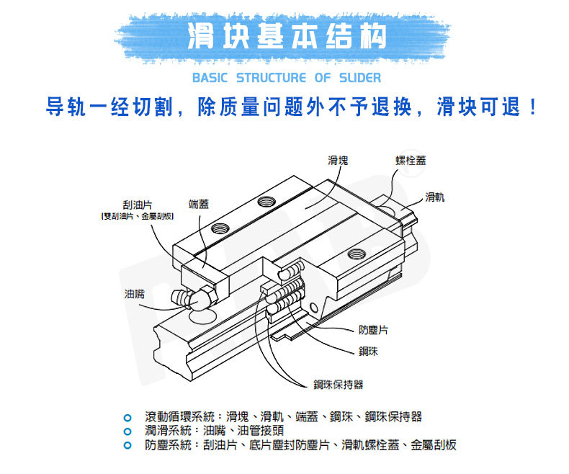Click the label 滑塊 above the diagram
(338, 161)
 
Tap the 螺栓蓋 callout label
(410, 160)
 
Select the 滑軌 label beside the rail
(434, 197)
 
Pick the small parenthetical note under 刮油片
(137, 216)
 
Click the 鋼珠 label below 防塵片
(368, 352)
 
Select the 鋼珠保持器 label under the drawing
(338, 385)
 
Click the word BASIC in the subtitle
(210, 77)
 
